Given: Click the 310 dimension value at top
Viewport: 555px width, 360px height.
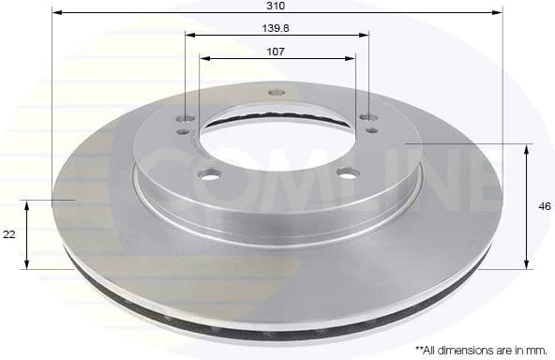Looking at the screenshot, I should (x=276, y=5).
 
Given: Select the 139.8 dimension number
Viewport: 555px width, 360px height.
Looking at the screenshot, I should (x=276, y=28).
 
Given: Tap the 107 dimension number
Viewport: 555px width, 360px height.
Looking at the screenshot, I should (x=276, y=52).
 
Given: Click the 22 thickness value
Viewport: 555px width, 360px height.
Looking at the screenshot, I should (x=9, y=235).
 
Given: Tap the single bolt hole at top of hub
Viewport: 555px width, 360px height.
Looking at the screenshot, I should (x=276, y=92).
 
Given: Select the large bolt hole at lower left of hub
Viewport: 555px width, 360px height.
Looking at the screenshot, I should (x=209, y=173).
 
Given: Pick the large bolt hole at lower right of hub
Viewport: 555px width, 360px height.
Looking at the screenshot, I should (x=348, y=172).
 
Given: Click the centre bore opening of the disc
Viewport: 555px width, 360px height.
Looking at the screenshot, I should (x=277, y=141).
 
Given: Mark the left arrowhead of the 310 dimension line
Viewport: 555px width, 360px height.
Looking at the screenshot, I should (x=55, y=13).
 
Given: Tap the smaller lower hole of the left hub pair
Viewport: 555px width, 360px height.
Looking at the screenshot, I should (x=184, y=132).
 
